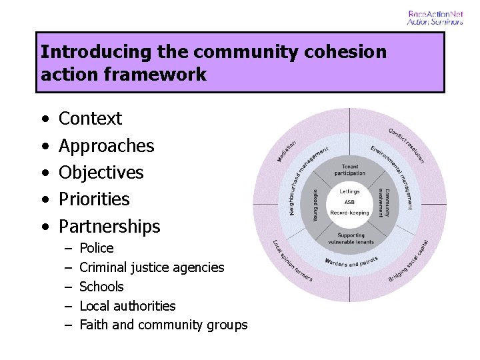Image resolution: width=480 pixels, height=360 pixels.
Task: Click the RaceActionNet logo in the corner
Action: [x=435, y=18]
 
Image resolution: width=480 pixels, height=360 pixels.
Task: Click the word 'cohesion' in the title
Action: [x=346, y=51]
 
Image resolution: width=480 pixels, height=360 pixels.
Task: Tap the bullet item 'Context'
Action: [x=90, y=119]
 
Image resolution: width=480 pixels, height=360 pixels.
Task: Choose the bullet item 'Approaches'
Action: [x=106, y=145]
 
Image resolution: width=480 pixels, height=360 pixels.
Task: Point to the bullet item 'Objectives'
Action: [x=101, y=172]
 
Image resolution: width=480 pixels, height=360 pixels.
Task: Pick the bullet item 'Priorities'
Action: [x=94, y=199]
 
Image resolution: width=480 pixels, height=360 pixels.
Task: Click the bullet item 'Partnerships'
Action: [x=109, y=226]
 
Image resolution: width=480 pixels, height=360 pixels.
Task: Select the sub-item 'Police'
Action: [x=96, y=248]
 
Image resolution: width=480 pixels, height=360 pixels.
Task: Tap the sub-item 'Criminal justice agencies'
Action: [x=151, y=267]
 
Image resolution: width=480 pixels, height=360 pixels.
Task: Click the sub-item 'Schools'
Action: [x=101, y=287]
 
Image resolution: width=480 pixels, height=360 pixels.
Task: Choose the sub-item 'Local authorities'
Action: [x=127, y=306]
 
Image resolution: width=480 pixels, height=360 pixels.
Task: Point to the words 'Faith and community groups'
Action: [x=163, y=325]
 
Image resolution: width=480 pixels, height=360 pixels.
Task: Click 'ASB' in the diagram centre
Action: [x=349, y=203]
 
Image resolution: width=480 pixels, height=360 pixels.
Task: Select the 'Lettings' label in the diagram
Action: [x=349, y=192]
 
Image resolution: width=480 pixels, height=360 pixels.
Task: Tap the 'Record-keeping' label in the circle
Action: [x=349, y=213]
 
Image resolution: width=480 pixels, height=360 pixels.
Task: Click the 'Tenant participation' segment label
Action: [x=350, y=170]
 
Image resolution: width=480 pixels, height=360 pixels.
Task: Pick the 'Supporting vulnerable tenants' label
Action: [x=351, y=239]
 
